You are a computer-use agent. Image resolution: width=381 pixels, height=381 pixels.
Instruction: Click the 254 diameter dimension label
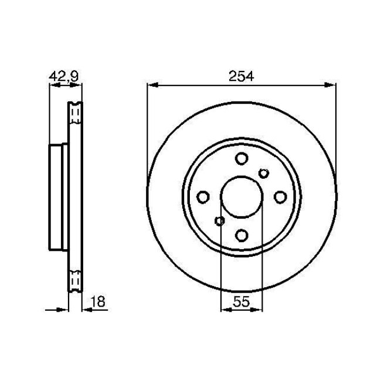coord(241,76)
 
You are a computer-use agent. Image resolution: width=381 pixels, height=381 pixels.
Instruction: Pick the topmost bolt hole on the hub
coord(241,158)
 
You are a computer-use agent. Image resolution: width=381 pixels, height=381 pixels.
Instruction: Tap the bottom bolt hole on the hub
coord(241,235)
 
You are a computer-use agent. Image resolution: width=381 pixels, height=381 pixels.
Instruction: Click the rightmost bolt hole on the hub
coord(280,196)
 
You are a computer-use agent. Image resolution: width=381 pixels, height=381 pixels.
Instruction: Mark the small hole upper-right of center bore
coord(263,172)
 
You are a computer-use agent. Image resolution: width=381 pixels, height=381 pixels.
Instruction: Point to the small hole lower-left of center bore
coord(220,221)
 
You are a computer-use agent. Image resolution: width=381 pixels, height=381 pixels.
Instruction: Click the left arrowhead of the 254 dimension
coord(151,86)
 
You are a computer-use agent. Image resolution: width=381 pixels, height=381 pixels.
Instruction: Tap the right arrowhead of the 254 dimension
coord(331,86)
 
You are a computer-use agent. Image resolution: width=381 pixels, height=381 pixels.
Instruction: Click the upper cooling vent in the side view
coord(75,113)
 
